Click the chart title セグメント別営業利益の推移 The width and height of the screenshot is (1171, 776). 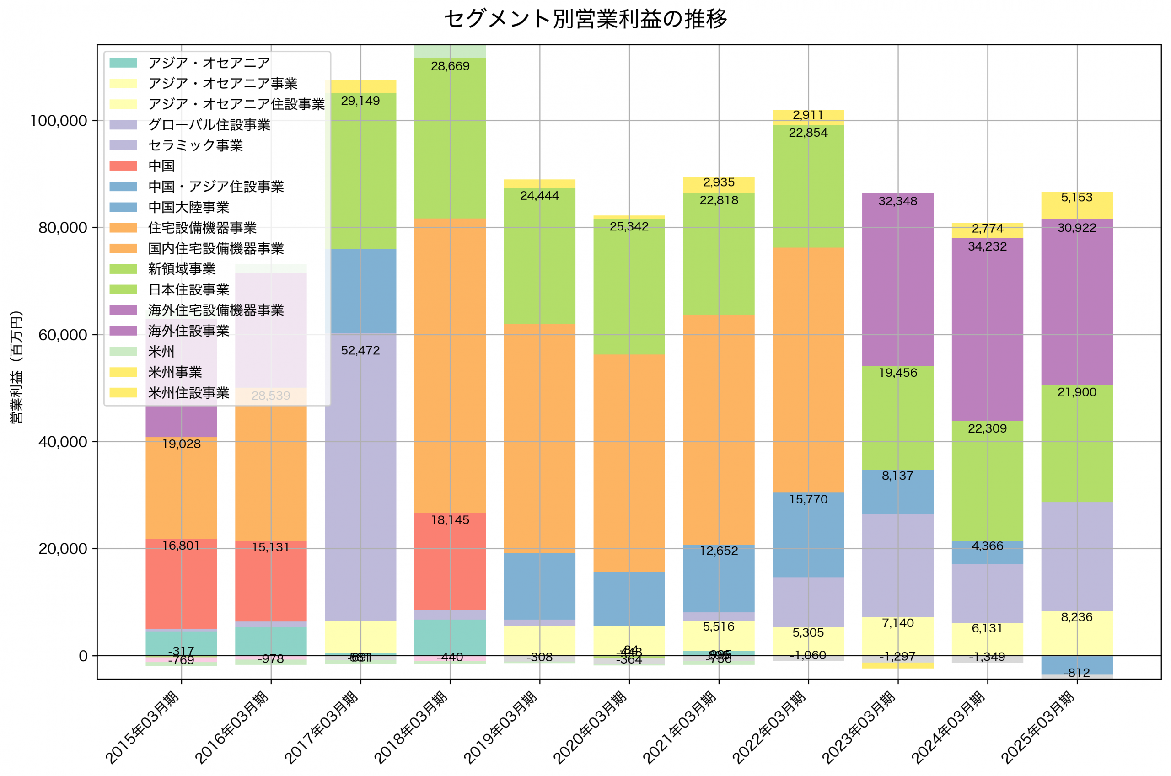click(585, 19)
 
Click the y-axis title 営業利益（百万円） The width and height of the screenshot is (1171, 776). click(16, 367)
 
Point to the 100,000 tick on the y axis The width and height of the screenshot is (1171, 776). click(59, 121)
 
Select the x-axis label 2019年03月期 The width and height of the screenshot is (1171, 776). click(500, 728)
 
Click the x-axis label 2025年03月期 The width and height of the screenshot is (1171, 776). click(1038, 728)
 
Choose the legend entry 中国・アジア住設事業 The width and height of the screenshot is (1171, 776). click(216, 187)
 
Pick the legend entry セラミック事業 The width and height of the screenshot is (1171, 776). click(195, 145)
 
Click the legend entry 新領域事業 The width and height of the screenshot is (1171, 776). click(182, 269)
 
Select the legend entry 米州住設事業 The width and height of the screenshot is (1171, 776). click(188, 393)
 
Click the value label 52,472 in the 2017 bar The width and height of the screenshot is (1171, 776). click(360, 351)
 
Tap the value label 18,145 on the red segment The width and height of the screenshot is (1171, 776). click(450, 520)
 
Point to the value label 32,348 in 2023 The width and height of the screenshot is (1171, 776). click(898, 201)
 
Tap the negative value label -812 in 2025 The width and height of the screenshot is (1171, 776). click(1077, 673)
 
